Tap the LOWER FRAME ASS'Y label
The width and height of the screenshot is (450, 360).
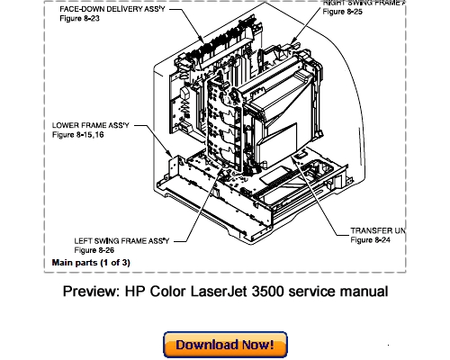[90, 124]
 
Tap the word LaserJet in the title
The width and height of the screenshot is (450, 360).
[220, 291]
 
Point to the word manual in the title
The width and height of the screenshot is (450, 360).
[363, 291]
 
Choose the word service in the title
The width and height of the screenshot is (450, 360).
[314, 291]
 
